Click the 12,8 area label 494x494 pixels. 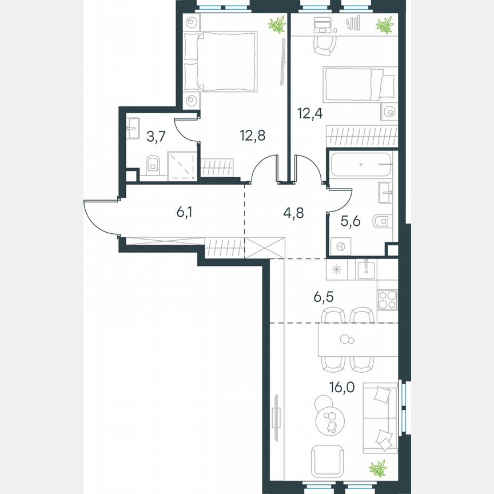point(252,136)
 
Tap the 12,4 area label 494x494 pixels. point(310,112)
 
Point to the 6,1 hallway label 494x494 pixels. point(184,213)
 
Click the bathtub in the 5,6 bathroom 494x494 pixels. point(361,164)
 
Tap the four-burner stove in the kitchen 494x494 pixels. point(387,300)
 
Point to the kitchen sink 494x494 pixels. point(365,268)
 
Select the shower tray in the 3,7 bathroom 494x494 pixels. point(182,166)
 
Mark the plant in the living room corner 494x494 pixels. point(378,468)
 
